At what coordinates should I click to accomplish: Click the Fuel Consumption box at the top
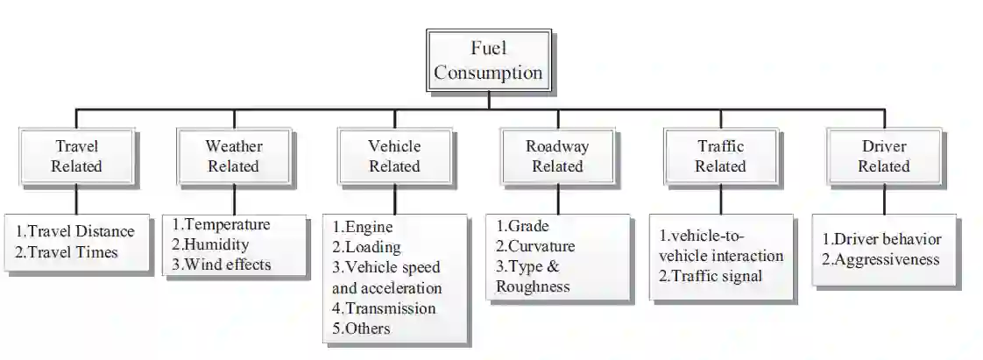(x=488, y=60)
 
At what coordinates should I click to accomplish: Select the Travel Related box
(x=76, y=156)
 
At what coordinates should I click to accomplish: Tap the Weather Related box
(x=233, y=156)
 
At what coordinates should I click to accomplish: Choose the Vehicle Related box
(x=394, y=156)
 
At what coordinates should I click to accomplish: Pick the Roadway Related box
(x=557, y=156)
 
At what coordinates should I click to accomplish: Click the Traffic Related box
(x=721, y=156)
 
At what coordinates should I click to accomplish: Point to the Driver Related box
(x=883, y=156)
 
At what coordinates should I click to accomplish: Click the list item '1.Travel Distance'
(x=75, y=231)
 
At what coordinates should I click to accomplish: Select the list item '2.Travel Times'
(x=67, y=252)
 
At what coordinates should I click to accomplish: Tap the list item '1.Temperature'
(x=221, y=224)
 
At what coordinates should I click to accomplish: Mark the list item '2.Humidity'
(x=210, y=244)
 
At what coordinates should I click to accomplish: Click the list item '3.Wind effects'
(x=222, y=264)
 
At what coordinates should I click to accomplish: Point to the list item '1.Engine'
(x=363, y=228)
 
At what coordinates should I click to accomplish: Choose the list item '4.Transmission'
(x=384, y=308)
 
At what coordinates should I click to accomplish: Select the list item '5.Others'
(x=362, y=328)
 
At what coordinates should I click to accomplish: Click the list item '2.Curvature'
(x=535, y=246)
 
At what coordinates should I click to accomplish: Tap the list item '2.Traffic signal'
(x=711, y=277)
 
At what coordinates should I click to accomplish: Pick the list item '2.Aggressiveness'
(x=880, y=259)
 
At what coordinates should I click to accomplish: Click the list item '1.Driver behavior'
(x=881, y=239)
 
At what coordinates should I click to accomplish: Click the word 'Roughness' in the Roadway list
(x=533, y=286)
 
